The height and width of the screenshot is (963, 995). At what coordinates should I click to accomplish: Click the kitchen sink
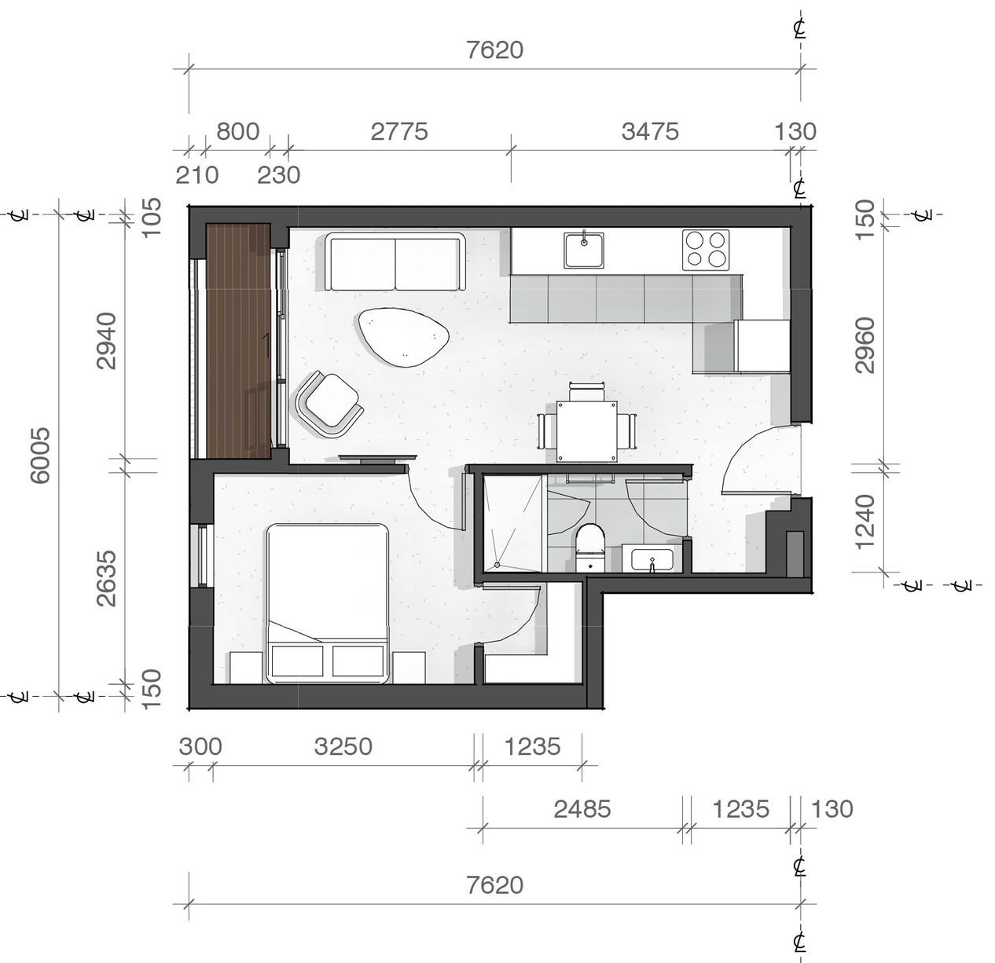click(584, 251)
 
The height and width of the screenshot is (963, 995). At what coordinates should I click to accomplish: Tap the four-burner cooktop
click(706, 250)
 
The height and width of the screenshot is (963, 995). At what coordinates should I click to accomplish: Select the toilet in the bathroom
click(590, 547)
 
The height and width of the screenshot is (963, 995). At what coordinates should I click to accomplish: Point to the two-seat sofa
click(395, 262)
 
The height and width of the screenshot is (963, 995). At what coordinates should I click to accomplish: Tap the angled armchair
click(329, 404)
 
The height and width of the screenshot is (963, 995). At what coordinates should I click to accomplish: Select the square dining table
click(587, 431)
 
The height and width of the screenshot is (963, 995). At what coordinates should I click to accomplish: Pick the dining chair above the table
click(587, 393)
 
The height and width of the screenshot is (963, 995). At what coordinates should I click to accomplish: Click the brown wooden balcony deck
click(238, 341)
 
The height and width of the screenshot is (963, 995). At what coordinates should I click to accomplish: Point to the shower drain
click(497, 565)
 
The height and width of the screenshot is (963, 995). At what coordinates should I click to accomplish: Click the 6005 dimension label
click(40, 455)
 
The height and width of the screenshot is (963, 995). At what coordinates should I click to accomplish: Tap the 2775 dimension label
click(399, 132)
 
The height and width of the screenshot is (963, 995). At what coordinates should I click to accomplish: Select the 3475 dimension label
click(651, 132)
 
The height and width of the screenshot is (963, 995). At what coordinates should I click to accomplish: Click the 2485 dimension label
click(582, 809)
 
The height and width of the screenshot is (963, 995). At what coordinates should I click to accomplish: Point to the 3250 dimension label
click(343, 746)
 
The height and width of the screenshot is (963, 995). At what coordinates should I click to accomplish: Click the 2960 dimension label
click(865, 346)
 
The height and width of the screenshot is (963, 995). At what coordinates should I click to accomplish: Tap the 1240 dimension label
click(865, 522)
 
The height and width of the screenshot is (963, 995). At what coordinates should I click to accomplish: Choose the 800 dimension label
click(238, 132)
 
